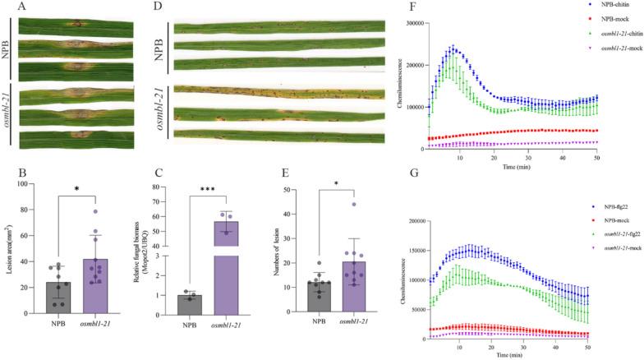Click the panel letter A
click(x=21, y=7)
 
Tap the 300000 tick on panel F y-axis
click(x=435, y=23)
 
